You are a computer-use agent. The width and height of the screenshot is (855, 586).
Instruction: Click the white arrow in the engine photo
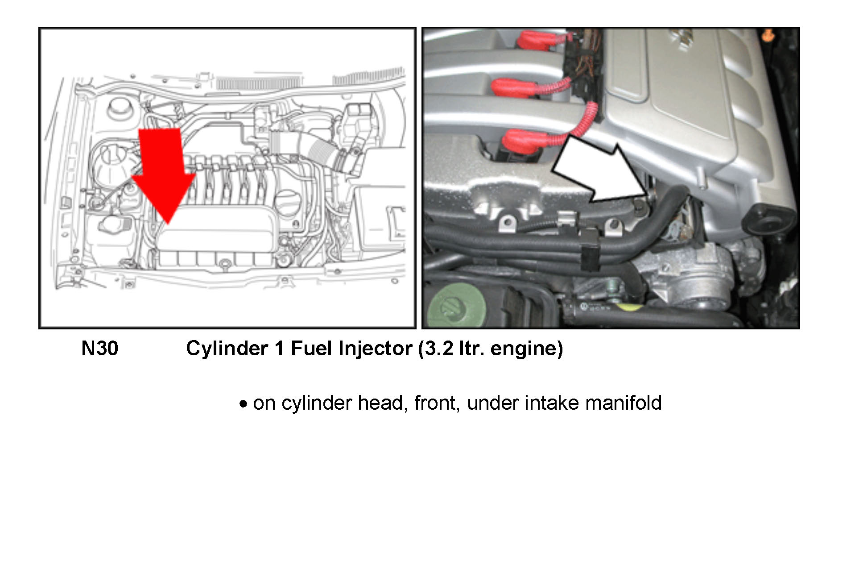(600, 170)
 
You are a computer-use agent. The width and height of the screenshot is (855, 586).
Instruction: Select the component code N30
(99, 349)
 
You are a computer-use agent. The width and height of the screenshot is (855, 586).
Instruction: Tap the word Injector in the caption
(375, 349)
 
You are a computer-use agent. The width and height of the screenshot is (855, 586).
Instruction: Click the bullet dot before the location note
(243, 404)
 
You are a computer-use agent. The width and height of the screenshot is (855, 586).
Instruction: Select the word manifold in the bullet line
(623, 403)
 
